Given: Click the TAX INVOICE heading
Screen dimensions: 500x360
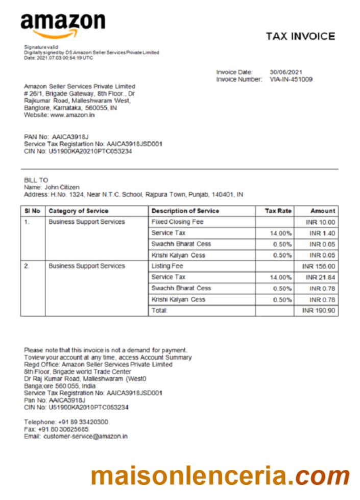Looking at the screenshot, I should click(300, 36).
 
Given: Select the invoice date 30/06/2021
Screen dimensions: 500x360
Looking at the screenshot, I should click(285, 72).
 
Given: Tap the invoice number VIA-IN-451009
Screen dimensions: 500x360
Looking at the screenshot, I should click(291, 79).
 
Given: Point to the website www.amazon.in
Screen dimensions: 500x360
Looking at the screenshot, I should click(72, 115).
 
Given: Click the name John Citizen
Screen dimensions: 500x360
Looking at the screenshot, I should click(62, 187).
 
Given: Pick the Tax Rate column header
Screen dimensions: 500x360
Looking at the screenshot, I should click(278, 211).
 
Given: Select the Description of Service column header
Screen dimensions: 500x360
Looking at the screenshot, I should click(185, 211).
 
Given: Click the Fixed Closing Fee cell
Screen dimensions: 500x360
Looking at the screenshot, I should click(177, 222).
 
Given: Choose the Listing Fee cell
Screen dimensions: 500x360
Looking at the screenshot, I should click(167, 266).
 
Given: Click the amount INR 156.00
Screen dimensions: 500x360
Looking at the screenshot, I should click(319, 266).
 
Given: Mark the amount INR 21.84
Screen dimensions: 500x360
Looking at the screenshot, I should click(320, 277).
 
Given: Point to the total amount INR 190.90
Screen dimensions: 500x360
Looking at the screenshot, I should click(319, 311).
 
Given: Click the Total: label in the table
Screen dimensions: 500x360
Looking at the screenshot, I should click(159, 311).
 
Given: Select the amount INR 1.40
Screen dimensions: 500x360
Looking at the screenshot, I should click(322, 233).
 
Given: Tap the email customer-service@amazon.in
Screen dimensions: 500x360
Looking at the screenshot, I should click(85, 437).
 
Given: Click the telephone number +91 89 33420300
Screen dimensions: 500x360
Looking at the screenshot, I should click(81, 422).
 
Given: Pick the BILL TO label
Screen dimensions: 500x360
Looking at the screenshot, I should click(36, 180).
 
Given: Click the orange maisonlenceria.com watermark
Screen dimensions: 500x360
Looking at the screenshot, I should click(220, 476).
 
